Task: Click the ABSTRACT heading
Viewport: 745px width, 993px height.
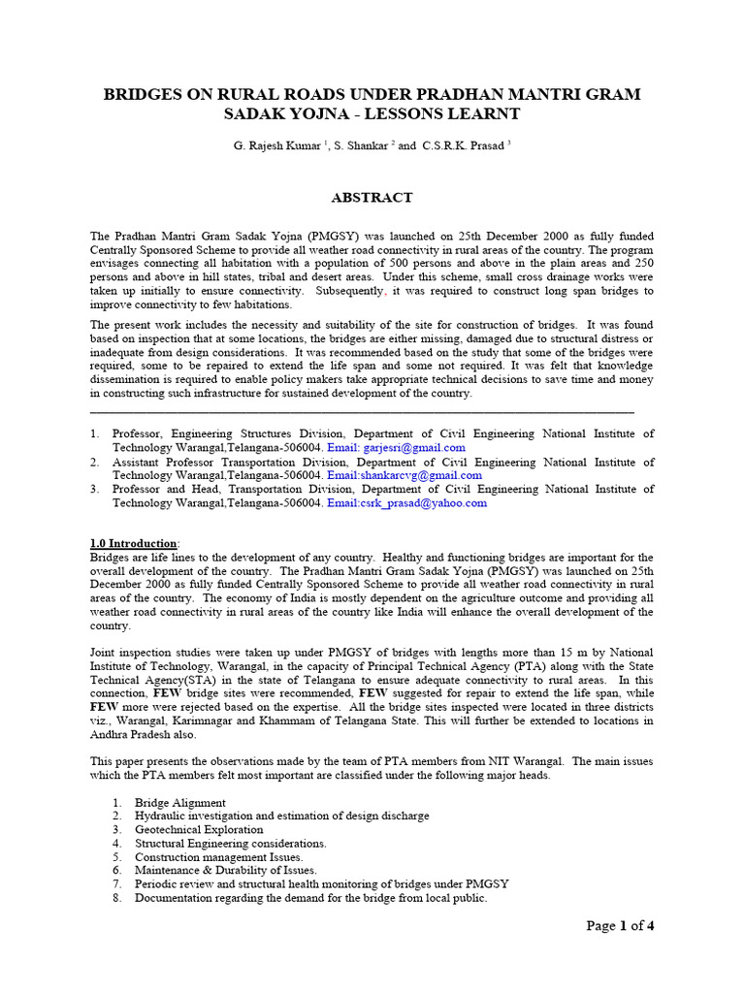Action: coord(372,197)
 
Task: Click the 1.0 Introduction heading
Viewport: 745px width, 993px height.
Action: coord(134,543)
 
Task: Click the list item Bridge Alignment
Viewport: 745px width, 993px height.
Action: coord(180,803)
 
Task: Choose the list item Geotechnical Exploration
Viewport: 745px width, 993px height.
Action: coord(199,830)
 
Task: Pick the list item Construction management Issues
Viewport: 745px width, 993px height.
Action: coord(218,857)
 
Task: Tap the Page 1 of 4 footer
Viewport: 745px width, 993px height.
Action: coord(621,926)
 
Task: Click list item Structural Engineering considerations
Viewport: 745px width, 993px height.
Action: coord(231,844)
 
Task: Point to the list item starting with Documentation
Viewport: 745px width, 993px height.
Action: coord(310,898)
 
